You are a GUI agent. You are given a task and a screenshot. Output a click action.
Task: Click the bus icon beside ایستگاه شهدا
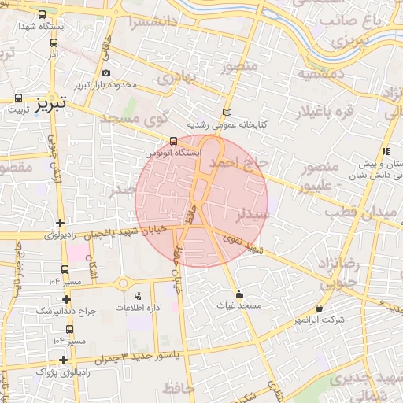(x=41, y=14)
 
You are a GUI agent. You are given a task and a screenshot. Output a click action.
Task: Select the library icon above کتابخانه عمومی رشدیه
(x=228, y=113)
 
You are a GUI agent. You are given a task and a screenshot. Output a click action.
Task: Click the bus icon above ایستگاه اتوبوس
(x=173, y=142)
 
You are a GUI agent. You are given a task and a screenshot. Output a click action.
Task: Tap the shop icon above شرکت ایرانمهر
(x=319, y=309)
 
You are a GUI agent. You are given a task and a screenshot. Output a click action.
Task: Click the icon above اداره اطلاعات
(x=139, y=296)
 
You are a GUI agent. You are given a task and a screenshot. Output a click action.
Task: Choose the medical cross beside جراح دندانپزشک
(x=66, y=300)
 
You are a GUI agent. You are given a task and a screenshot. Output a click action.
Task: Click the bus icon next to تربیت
(x=17, y=99)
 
